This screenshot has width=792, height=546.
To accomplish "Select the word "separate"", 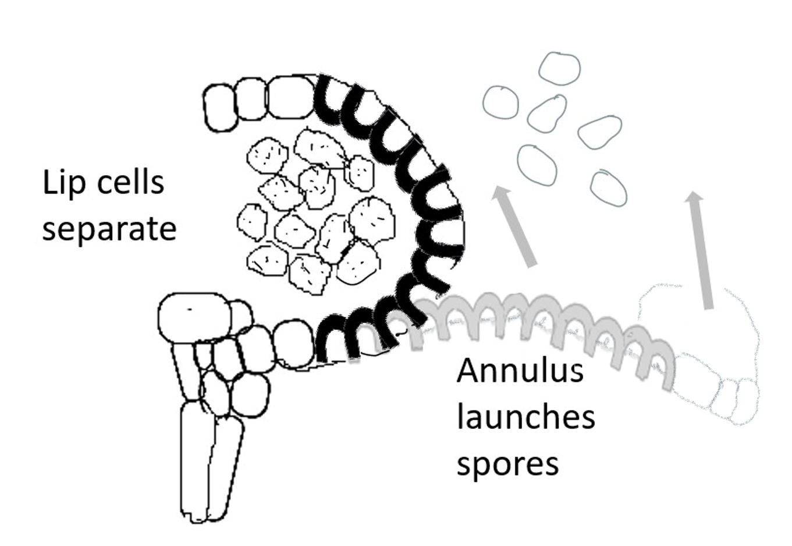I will (109, 228).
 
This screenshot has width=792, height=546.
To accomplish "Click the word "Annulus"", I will (520, 370).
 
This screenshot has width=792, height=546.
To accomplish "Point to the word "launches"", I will (525, 417).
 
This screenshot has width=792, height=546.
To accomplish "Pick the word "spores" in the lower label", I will (507, 464).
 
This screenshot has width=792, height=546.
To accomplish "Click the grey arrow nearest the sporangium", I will (514, 227).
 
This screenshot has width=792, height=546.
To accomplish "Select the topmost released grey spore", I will (559, 68).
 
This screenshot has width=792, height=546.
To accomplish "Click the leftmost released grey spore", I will (500, 102).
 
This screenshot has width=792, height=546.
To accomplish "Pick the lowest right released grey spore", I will (608, 188).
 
